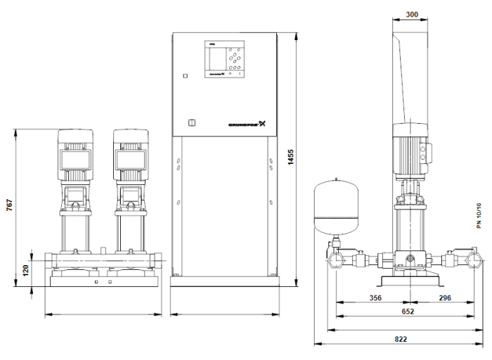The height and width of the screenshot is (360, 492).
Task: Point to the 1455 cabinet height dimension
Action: click(x=290, y=162)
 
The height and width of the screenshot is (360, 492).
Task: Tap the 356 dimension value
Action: click(x=375, y=298)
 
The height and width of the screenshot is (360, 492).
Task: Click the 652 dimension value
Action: click(x=408, y=311)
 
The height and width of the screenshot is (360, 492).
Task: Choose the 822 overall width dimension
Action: click(x=401, y=339)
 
